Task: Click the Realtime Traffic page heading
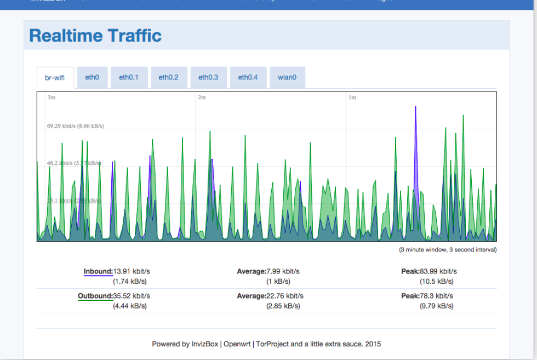[x=95, y=36]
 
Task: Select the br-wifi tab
[x=55, y=78]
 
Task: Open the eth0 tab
[x=92, y=78]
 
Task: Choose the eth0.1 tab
[x=129, y=78]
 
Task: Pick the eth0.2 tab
[x=169, y=78]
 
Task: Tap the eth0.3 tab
[x=208, y=78]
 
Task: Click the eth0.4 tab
[x=248, y=78]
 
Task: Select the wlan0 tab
[x=287, y=78]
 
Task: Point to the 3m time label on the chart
[x=52, y=98]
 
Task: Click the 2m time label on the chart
[x=202, y=98]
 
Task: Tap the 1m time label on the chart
[x=352, y=98]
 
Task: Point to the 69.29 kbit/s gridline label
[x=76, y=126]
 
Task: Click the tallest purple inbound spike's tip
[x=415, y=106]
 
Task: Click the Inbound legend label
[x=98, y=271]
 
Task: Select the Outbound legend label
[x=95, y=296]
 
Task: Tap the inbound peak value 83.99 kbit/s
[x=438, y=271]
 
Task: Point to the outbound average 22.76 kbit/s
[x=285, y=296]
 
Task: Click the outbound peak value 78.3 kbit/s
[x=436, y=296]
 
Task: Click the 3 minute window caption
[x=447, y=250]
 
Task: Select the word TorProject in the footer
[x=272, y=344]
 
